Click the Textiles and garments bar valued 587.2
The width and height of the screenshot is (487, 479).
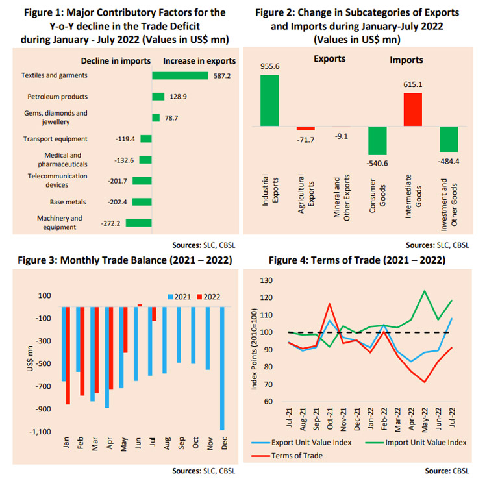[180, 75]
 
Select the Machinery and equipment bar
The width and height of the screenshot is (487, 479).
[138, 223]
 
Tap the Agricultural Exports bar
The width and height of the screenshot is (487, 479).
[306, 129]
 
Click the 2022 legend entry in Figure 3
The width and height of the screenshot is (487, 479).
[209, 297]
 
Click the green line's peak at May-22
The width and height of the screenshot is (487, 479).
[424, 291]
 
